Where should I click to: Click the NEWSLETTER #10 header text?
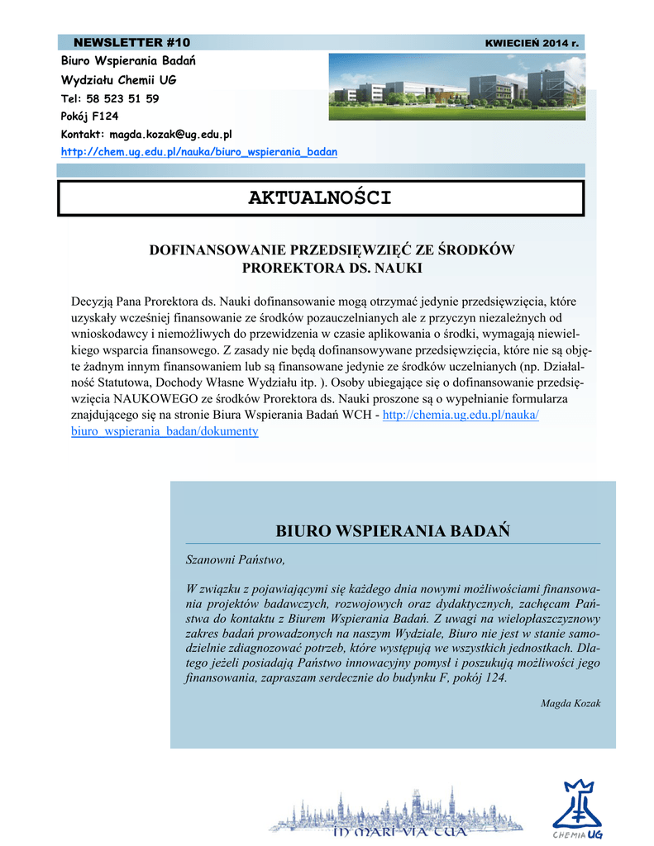click(132, 42)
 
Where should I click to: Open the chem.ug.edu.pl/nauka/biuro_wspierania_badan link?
click(199, 153)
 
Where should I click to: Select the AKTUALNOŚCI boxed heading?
click(320, 198)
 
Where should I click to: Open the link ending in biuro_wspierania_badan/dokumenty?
click(165, 432)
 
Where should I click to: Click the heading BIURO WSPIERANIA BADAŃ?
click(393, 530)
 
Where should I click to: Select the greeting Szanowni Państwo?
click(235, 560)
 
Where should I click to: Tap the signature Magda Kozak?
click(570, 704)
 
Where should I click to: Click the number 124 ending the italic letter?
click(494, 678)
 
